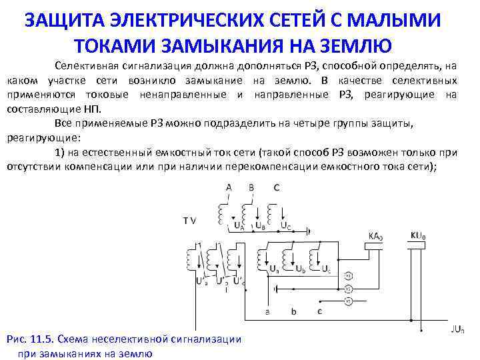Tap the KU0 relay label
click(417, 235)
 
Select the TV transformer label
click(190, 219)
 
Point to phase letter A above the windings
click(229, 187)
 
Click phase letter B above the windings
click(251, 187)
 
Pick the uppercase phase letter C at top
click(276, 187)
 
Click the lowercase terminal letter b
click(295, 311)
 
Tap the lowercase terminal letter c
click(319, 311)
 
